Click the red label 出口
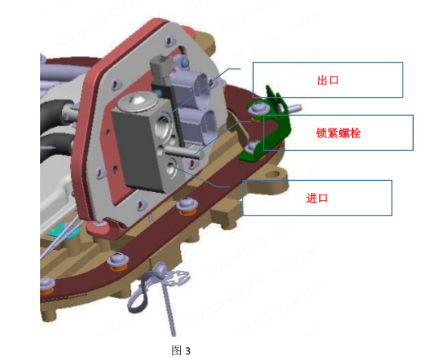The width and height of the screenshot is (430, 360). (328, 80)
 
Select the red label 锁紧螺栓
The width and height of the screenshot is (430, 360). (338, 133)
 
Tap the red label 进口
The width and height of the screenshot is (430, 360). (317, 198)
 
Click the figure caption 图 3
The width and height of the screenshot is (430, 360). (181, 350)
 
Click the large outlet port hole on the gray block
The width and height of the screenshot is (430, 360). (162, 127)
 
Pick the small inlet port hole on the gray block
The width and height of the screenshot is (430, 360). (172, 168)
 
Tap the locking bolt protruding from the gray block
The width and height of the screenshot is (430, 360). (184, 152)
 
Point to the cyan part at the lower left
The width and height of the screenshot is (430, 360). (63, 231)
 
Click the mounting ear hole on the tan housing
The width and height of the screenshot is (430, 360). (272, 174)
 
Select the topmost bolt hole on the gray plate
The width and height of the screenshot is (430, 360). (170, 40)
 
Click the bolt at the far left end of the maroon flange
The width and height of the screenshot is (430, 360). (47, 284)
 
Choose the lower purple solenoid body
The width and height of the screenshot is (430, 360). (199, 126)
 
